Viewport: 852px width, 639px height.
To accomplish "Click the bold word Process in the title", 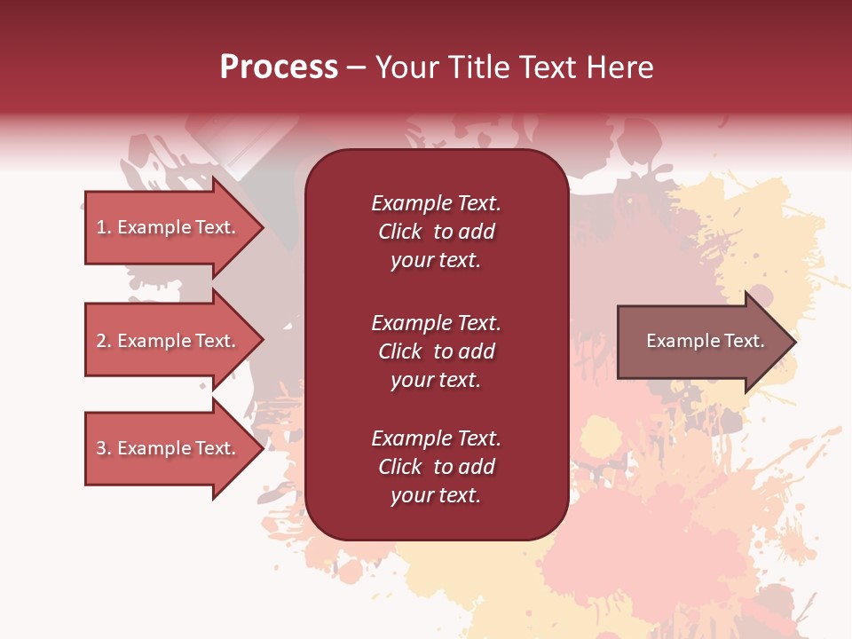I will point(279,67).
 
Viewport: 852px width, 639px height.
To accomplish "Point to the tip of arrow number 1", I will point(262,228).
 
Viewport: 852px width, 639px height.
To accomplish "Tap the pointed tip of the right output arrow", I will point(794,342).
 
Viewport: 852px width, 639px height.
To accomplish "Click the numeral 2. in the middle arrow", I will point(104,341).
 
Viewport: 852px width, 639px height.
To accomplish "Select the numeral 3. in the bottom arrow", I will point(104,448).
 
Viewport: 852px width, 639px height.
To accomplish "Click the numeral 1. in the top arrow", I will point(103,227).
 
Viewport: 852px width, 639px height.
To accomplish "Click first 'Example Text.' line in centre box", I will point(436,203).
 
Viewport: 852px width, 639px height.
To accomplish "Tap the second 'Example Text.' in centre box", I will point(436,322).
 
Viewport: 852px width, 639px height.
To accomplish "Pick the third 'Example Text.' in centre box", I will point(436,438).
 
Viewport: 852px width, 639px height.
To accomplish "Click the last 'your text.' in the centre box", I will point(436,495).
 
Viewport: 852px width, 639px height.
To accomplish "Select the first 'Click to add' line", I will point(436,232).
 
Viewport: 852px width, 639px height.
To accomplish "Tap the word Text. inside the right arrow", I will point(744,341).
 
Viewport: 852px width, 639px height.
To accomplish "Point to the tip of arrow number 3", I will point(262,449).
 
